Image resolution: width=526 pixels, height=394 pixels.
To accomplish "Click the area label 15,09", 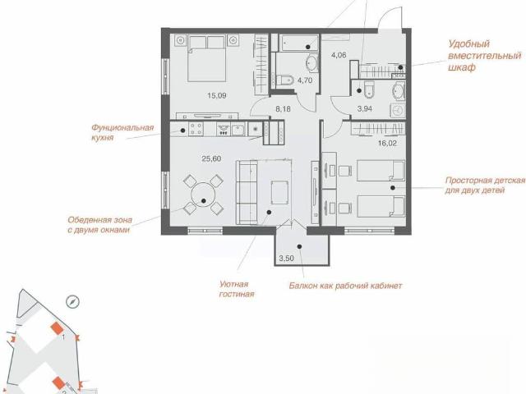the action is tap(217, 95).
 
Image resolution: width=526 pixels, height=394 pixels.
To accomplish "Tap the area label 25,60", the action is tap(211, 158).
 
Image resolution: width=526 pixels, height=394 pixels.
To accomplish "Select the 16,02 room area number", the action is tap(387, 144).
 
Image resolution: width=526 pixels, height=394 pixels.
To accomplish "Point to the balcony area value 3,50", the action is tap(287, 259).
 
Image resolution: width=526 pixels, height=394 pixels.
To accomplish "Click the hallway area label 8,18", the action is tap(283, 109).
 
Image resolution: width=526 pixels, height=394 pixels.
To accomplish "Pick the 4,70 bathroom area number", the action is tap(305, 80).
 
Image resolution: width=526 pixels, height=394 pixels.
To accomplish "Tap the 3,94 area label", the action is tap(365, 108).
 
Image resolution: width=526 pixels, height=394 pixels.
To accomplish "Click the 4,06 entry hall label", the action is tap(339, 55).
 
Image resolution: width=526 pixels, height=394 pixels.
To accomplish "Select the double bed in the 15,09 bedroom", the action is tap(206, 58).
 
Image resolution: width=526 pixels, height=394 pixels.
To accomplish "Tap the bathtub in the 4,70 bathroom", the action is tap(299, 43).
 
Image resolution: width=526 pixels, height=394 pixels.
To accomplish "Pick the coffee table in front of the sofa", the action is tap(279, 192).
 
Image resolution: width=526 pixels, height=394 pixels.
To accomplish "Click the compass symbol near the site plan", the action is tap(72, 302).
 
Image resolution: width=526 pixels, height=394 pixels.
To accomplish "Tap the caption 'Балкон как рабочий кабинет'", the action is tap(345, 286).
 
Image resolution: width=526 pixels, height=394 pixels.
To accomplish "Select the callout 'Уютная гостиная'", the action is tap(237, 289).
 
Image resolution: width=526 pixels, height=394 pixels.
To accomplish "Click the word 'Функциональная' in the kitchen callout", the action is tap(122, 128).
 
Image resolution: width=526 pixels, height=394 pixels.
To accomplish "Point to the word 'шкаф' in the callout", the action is tap(462, 67).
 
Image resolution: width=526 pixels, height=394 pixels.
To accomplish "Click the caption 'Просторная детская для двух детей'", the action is tap(485, 186).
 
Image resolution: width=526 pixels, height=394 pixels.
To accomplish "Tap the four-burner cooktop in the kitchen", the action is tap(196, 129).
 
